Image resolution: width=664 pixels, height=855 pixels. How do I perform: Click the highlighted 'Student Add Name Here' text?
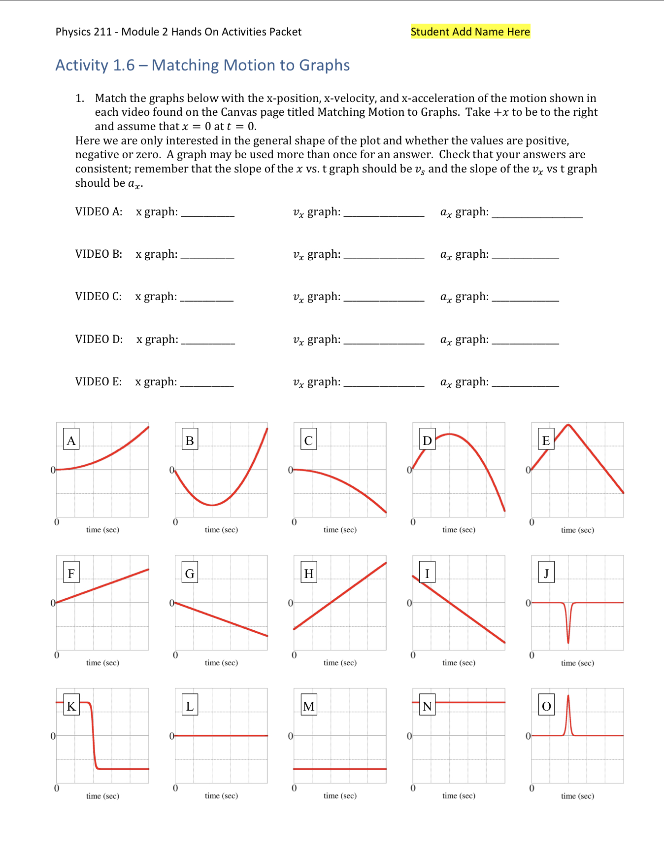click(x=470, y=32)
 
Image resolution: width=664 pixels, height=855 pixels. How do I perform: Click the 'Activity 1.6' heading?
click(x=202, y=65)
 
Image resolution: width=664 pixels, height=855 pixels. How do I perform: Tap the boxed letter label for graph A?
click(x=71, y=440)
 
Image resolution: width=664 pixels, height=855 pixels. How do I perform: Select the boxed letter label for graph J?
click(x=546, y=573)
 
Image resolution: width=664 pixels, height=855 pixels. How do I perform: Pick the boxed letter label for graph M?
click(x=309, y=706)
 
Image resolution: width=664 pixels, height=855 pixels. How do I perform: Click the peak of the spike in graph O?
click(x=568, y=696)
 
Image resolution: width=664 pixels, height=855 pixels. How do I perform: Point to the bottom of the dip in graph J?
click(x=568, y=642)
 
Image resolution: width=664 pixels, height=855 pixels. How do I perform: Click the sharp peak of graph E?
click(x=568, y=425)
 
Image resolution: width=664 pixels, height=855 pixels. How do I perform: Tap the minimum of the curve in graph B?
click(x=212, y=505)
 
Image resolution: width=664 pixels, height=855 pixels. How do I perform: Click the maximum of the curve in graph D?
click(x=449, y=434)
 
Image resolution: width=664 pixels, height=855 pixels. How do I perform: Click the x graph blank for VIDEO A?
click(x=207, y=213)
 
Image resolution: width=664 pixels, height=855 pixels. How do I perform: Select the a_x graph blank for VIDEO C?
click(x=525, y=298)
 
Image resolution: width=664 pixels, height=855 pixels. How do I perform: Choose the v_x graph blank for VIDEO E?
click(x=384, y=383)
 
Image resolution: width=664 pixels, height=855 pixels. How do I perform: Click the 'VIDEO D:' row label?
click(x=99, y=339)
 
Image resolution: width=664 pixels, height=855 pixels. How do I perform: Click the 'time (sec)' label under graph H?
click(x=340, y=663)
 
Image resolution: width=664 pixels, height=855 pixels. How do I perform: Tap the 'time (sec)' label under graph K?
click(x=102, y=796)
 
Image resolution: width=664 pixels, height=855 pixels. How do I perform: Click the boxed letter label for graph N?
click(x=427, y=706)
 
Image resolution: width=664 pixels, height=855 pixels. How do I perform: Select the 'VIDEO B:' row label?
click(x=99, y=254)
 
